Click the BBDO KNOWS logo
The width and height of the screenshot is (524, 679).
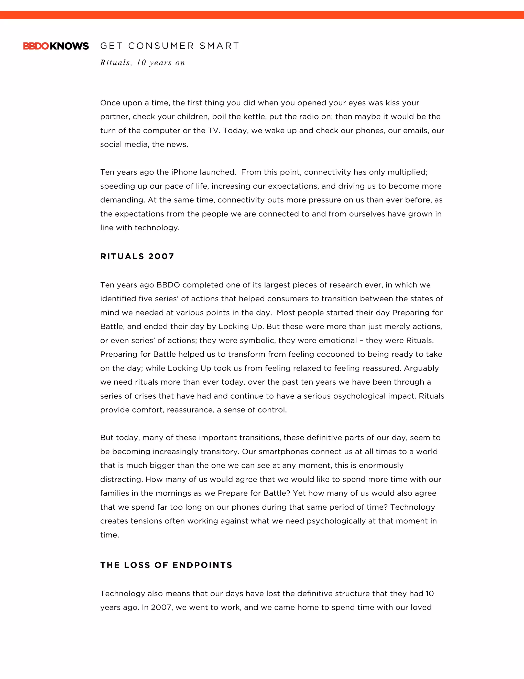56,46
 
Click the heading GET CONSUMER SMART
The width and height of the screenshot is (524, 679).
169,46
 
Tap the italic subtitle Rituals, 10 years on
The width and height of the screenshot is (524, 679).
143,63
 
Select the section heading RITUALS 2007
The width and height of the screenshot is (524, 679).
137,256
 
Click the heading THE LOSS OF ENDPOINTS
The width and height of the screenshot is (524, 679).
166,565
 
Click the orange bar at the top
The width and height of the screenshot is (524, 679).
262,15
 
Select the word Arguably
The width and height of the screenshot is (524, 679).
421,368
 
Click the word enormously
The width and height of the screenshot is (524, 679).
381,465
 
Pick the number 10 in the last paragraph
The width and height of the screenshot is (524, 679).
429,593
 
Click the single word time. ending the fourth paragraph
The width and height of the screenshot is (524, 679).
110,535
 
